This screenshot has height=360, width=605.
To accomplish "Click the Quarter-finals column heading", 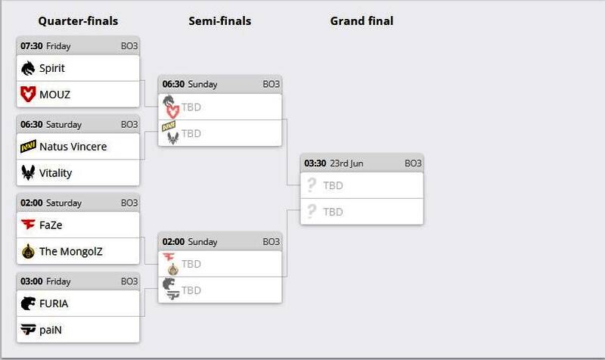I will (x=78, y=21).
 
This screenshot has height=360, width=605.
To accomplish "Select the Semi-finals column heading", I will (x=219, y=21).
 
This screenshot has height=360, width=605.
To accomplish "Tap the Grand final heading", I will (x=361, y=21).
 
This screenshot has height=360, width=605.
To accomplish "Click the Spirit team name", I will (x=52, y=68).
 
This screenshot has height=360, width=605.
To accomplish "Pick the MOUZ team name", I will (x=55, y=95).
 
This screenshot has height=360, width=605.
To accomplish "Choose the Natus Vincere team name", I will (x=73, y=147).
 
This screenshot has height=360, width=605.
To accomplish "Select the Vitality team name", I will (x=56, y=173).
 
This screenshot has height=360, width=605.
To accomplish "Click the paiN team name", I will (x=51, y=330).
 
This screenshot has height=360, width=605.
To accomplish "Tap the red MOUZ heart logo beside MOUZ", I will (x=28, y=95).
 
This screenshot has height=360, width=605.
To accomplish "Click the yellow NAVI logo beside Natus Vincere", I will (x=29, y=147).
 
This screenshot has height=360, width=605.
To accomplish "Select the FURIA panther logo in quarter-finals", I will (x=28, y=303).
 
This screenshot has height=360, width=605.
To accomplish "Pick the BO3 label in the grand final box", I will (x=413, y=163).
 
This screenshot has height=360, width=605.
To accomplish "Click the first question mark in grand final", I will (x=310, y=185).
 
